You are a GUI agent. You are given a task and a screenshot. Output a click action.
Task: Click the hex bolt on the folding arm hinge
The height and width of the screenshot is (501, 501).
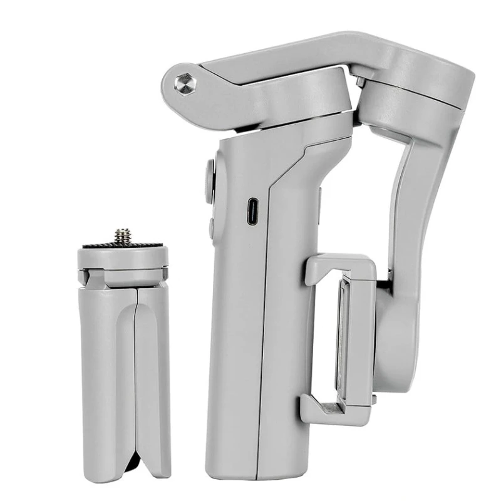[x=185, y=83]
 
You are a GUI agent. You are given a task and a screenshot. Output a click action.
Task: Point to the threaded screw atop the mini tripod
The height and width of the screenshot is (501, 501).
[x=123, y=236]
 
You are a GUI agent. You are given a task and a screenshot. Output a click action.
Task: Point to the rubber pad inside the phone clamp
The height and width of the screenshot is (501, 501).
[x=343, y=338]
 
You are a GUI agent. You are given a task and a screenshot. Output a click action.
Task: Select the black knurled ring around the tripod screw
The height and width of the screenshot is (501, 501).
[x=123, y=245]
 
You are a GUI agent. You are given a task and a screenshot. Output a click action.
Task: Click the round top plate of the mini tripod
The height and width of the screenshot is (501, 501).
[x=123, y=257]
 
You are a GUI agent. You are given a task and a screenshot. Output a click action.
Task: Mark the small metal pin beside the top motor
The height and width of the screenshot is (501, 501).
[x=361, y=82]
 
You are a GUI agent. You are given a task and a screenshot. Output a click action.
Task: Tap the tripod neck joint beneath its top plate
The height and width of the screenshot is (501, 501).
[x=123, y=276]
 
